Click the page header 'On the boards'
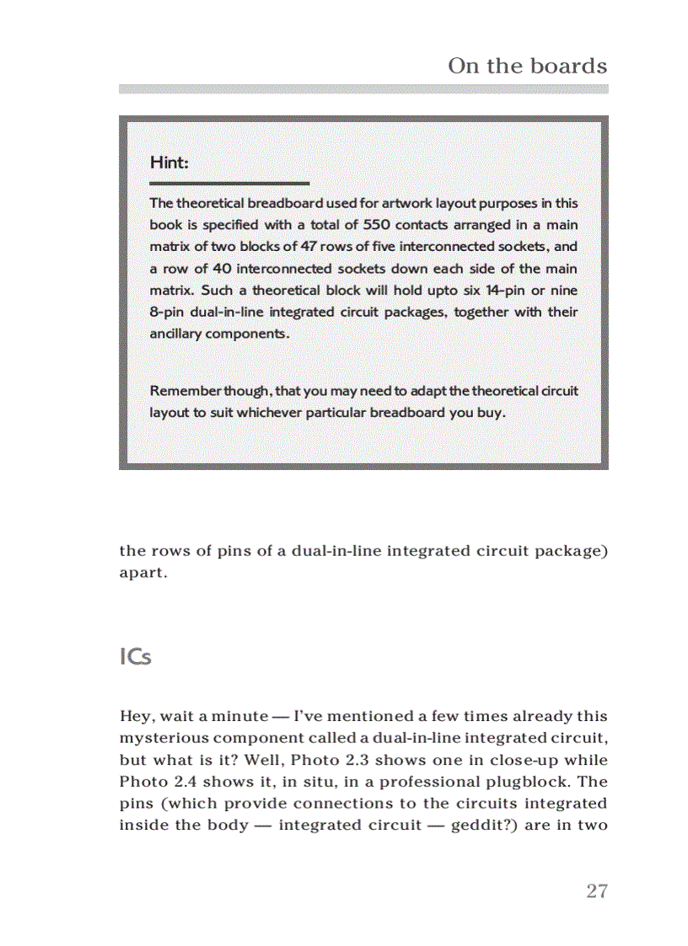[527, 66]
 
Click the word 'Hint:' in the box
[169, 162]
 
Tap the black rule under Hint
[229, 183]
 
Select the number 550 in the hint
[377, 225]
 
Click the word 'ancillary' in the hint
[174, 334]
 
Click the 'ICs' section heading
[135, 657]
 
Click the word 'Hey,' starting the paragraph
[136, 717]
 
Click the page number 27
[597, 891]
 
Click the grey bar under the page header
[363, 88]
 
